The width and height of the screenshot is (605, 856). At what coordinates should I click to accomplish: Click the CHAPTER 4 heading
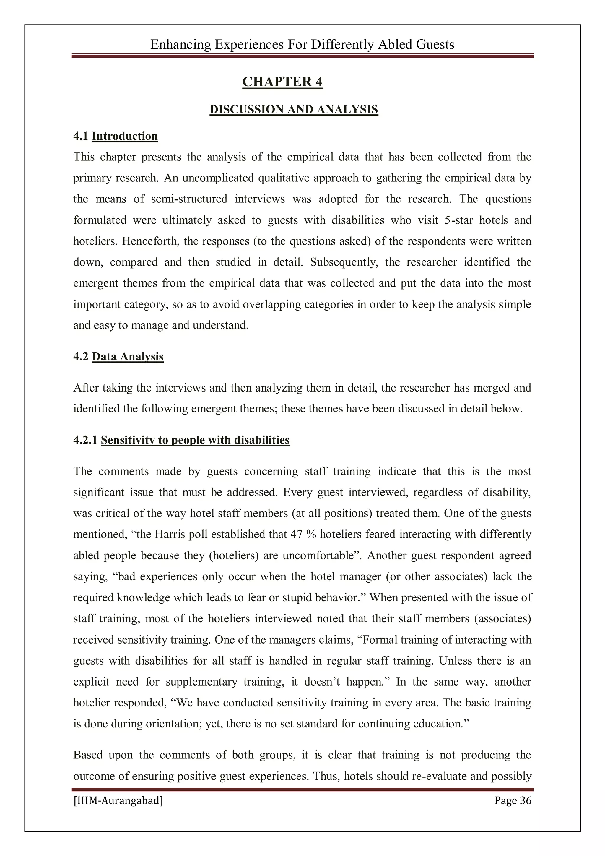tap(282, 82)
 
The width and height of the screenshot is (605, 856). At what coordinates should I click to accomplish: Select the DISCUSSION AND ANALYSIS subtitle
tap(294, 109)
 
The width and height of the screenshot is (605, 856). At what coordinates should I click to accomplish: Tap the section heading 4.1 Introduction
tap(115, 136)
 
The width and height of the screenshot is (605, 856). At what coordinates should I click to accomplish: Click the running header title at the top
tap(302, 44)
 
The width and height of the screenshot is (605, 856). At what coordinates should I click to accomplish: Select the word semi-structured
tap(189, 199)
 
